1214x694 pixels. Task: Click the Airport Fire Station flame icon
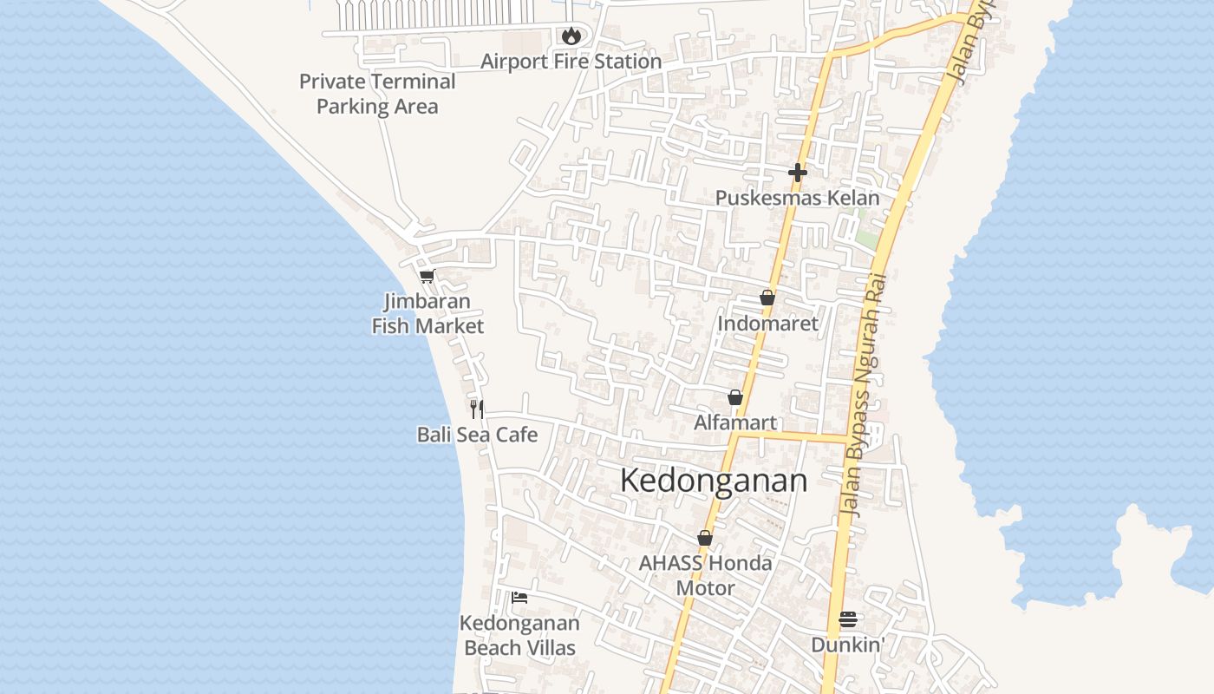click(x=571, y=36)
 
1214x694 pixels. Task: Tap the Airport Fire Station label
click(x=571, y=62)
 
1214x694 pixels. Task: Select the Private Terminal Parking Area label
click(x=377, y=94)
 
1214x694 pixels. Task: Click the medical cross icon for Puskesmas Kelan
click(x=798, y=173)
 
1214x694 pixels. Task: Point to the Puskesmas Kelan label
click(x=797, y=198)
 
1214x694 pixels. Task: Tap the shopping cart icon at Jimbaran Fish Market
click(x=427, y=277)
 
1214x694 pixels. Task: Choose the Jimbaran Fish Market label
click(x=428, y=314)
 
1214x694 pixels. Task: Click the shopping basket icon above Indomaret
click(x=767, y=298)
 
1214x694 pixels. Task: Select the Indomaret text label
click(x=767, y=324)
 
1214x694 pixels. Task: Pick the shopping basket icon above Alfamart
click(x=735, y=397)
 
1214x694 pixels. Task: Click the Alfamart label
click(x=735, y=422)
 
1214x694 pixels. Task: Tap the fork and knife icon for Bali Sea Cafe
click(x=477, y=409)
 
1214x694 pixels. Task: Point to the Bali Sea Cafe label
click(x=477, y=435)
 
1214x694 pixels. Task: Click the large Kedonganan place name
click(x=714, y=481)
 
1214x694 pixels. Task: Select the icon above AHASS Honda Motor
click(x=705, y=538)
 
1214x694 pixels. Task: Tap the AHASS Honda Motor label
click(x=705, y=575)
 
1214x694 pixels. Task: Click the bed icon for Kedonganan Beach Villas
click(x=519, y=597)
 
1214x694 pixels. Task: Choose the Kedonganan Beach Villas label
click(x=519, y=635)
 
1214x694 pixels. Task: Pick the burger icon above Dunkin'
click(x=848, y=619)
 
